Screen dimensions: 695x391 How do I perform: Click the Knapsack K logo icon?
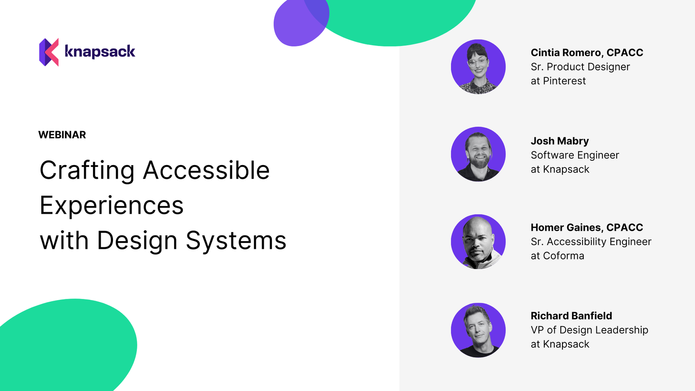[x=49, y=52]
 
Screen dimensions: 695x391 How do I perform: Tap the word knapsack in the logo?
[x=100, y=52]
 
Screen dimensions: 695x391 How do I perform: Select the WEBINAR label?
[x=62, y=135]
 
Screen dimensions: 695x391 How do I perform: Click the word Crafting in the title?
[x=87, y=170]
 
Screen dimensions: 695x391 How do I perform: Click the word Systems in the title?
[x=236, y=241]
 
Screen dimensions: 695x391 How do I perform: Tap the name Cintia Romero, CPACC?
[x=587, y=53]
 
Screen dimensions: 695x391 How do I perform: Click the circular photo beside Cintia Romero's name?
[x=478, y=67]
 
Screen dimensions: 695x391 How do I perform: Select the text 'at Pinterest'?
[x=558, y=81]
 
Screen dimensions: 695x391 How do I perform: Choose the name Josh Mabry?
[x=560, y=141]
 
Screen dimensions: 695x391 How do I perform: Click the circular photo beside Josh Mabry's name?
[x=478, y=154]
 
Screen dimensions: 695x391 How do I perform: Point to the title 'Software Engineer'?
[x=575, y=155]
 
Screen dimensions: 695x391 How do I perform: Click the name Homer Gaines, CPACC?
[x=587, y=228]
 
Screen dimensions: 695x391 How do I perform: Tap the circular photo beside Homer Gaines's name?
[x=478, y=242]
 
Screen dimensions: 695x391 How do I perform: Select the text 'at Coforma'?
[x=557, y=256]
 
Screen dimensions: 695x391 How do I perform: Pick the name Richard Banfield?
[x=571, y=316]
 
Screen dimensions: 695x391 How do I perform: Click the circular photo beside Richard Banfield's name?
[x=478, y=330]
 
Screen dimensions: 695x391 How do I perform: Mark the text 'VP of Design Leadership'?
[x=589, y=330]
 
